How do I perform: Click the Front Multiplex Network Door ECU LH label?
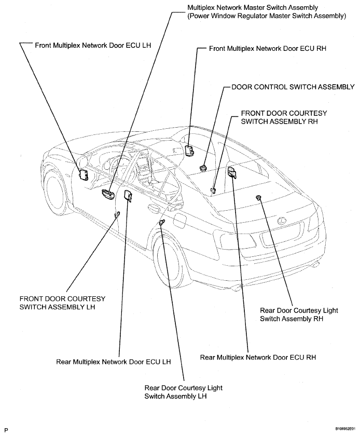pos(93,46)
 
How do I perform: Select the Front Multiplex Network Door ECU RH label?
pos(268,48)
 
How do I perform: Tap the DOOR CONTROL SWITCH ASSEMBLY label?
pos(293,87)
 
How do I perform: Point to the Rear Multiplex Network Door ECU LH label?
pos(114,362)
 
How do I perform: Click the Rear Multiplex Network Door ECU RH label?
pos(258,357)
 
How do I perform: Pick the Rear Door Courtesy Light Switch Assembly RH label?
pos(299,315)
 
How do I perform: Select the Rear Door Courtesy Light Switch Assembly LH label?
pos(183,392)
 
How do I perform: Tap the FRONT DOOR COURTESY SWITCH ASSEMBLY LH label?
pos(62,303)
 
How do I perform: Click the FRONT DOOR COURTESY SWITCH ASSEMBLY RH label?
pos(284,117)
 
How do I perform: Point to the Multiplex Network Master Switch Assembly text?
pos(253,7)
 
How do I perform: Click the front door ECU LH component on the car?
pos(84,175)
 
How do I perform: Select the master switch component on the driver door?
pos(108,194)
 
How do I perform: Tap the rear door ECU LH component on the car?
pos(128,195)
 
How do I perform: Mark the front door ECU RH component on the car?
pos(190,149)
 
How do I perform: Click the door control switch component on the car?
pos(203,168)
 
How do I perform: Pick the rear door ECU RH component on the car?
pos(232,172)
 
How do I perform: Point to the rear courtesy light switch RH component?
pos(258,197)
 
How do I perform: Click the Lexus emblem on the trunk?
pos(282,221)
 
